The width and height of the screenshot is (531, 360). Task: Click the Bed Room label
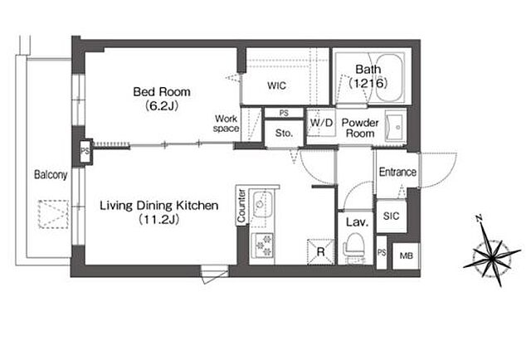tap(162, 92)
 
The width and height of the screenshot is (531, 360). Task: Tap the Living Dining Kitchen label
tap(158, 206)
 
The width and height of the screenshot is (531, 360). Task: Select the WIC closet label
tap(276, 85)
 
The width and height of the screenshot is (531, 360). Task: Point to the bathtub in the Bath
tap(390, 78)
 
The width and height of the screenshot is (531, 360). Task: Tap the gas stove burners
tap(263, 246)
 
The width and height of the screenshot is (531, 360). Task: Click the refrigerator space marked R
tap(320, 251)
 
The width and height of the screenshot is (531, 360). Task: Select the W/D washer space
tap(321, 123)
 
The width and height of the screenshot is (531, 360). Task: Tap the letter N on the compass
tap(480, 218)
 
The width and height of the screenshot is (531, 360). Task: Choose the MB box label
tap(406, 255)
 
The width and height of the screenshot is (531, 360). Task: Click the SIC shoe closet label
tap(391, 216)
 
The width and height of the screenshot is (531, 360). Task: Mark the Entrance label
tap(397, 172)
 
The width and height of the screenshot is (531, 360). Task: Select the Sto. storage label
tap(284, 133)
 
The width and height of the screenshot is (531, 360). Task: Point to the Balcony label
tap(51, 175)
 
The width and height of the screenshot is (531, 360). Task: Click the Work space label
tap(226, 124)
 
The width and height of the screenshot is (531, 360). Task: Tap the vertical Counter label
tap(241, 207)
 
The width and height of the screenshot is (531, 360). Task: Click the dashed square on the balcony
tap(53, 214)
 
